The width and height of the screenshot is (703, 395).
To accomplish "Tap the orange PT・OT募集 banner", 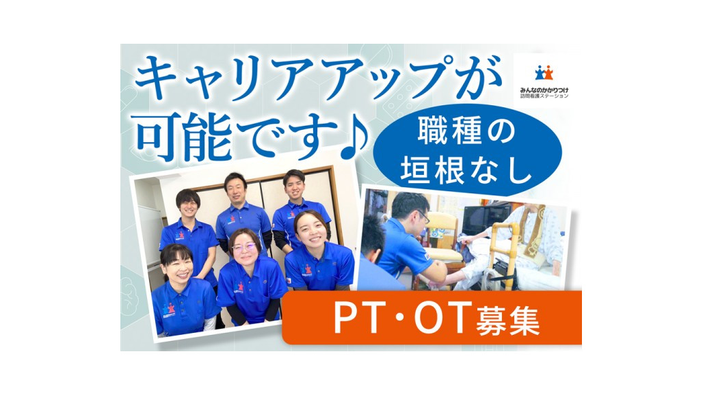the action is tap(432, 318).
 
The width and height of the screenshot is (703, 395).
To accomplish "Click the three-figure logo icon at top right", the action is tap(544, 72).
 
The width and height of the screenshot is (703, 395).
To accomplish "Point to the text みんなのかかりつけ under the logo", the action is tap(541, 90).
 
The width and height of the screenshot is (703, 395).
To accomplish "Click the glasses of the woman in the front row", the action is tap(244, 247).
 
